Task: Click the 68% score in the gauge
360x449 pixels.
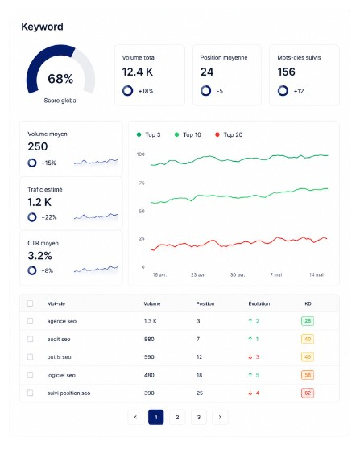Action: coord(60,79)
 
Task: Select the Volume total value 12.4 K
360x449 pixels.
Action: coord(138,72)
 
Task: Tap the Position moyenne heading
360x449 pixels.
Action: coord(224,58)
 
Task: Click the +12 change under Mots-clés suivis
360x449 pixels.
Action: coord(299,91)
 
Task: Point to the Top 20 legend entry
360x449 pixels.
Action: coord(229,134)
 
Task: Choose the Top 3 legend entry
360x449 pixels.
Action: coord(149,134)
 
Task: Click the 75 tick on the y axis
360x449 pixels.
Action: coord(142,183)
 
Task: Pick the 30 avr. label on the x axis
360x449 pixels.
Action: coord(238,274)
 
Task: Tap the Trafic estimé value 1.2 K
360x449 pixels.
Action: coord(39,202)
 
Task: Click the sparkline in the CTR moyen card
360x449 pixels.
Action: coord(96,269)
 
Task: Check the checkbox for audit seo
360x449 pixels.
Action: coord(30,339)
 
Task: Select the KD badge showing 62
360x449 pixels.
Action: coord(308,393)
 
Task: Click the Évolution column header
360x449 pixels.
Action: coord(259,303)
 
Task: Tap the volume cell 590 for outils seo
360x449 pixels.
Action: coord(149,356)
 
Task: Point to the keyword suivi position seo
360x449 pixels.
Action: coord(68,393)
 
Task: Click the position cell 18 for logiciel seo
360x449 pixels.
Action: coord(199,375)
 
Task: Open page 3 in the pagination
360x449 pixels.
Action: coord(199,417)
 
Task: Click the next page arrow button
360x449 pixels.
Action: coord(220,417)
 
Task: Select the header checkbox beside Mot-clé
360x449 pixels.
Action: coord(30,303)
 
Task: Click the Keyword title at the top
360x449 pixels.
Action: coord(42,27)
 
